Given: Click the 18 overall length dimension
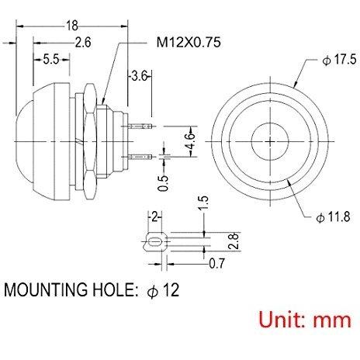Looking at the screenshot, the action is click(x=71, y=26).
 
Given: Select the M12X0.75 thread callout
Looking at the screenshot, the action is click(x=189, y=42).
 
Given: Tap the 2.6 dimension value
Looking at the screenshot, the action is click(x=83, y=42).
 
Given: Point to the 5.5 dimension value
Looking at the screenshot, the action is click(x=51, y=60).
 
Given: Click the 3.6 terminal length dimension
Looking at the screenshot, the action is click(x=140, y=76).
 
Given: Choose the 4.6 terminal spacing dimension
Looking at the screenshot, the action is click(x=191, y=141).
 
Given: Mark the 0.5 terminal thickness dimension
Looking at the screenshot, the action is click(x=163, y=183).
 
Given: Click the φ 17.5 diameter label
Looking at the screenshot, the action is click(x=340, y=60).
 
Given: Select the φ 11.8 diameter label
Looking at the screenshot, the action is click(x=334, y=216).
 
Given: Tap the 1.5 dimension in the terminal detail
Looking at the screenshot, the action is click(x=203, y=203).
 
